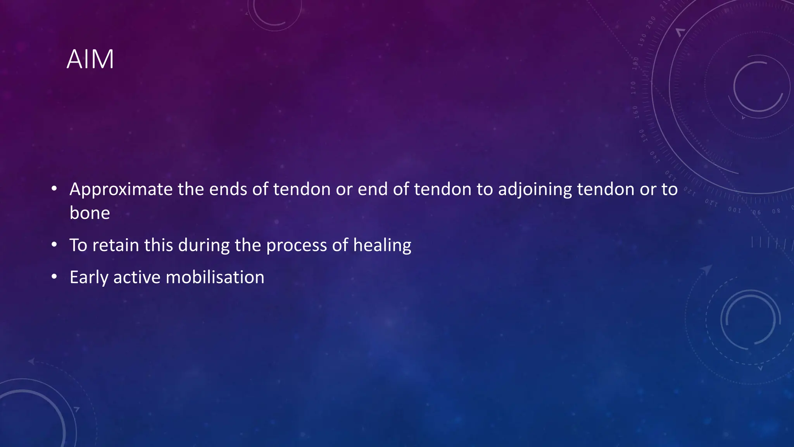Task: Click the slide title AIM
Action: (x=90, y=59)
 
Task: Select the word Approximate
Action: (x=121, y=190)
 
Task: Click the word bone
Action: (x=90, y=213)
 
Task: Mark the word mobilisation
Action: (x=215, y=277)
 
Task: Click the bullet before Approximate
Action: (x=54, y=189)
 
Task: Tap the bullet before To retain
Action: (x=54, y=245)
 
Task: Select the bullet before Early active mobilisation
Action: (x=54, y=277)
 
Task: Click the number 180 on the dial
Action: (x=635, y=63)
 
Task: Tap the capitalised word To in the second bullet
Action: (x=78, y=245)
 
